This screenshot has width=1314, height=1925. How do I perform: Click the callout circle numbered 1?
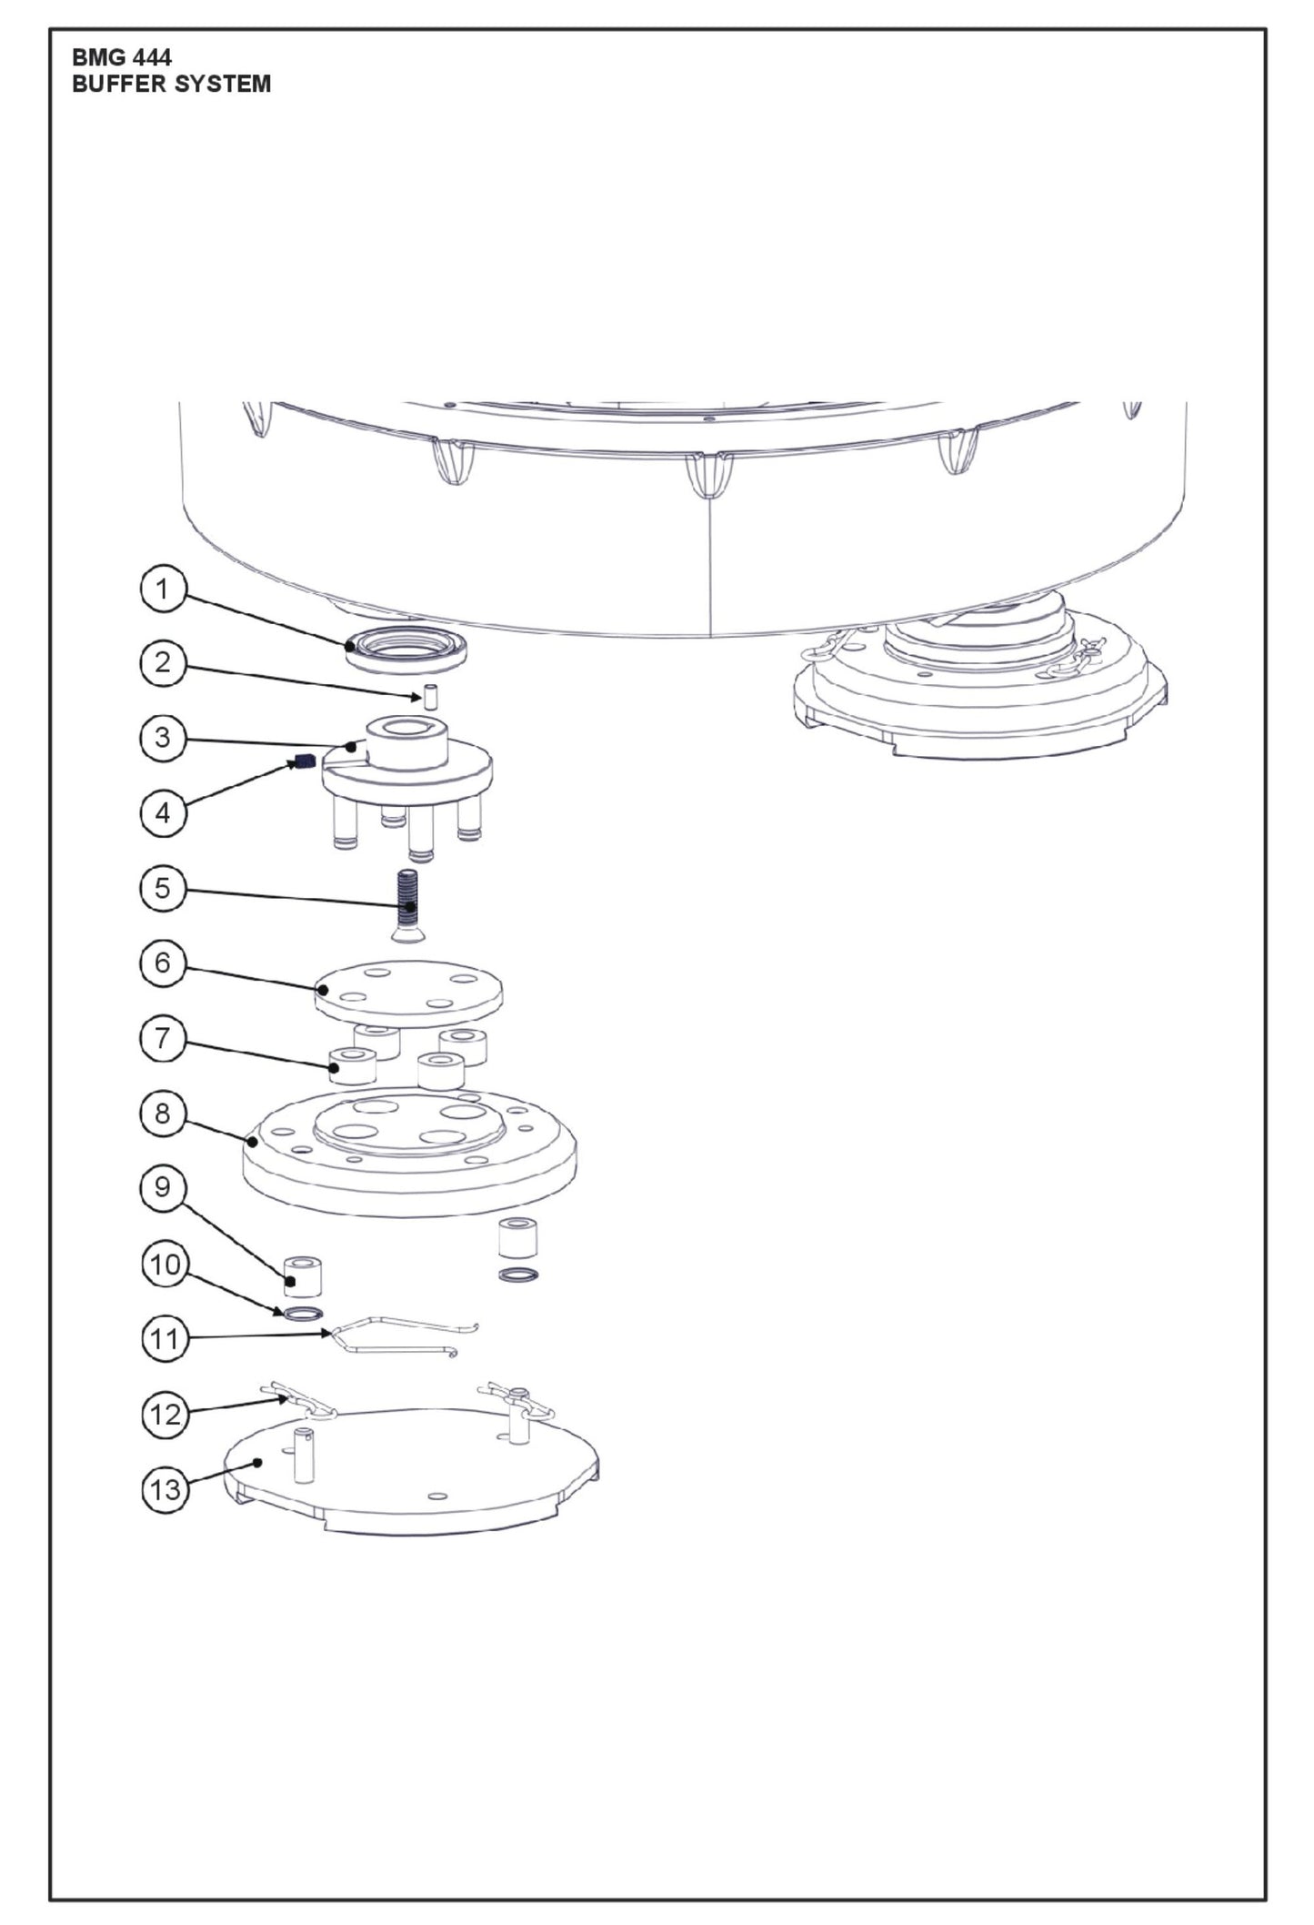163,590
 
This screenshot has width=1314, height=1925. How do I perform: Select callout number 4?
163,811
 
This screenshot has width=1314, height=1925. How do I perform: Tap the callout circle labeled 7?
163,1038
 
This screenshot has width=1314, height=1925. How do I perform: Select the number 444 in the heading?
151,58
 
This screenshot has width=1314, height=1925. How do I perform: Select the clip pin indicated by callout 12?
300,1401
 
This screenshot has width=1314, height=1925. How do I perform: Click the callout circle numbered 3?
163,737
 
